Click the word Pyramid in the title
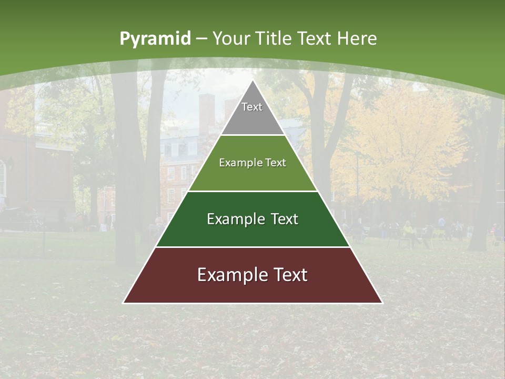pyautogui.click(x=155, y=39)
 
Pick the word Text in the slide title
pyautogui.click(x=315, y=39)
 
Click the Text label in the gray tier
pyautogui.click(x=252, y=107)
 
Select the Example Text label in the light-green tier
pyautogui.click(x=252, y=163)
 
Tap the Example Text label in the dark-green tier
pyautogui.click(x=252, y=219)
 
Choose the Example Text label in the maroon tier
pyautogui.click(x=252, y=275)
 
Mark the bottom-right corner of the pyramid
pyautogui.click(x=382, y=303)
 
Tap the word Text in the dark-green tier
pyautogui.click(x=283, y=219)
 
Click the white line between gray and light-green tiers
pyautogui.click(x=253, y=135)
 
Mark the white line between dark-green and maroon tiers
pyautogui.click(x=253, y=247)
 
